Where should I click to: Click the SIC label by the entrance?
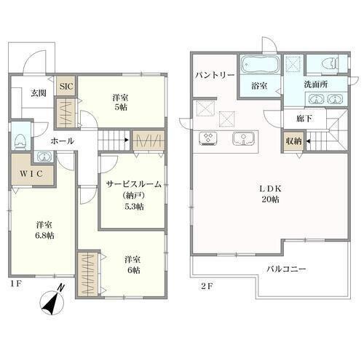pyautogui.click(x=66, y=87)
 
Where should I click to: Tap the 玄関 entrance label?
pyautogui.click(x=39, y=93)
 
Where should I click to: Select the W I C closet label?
pyautogui.click(x=31, y=173)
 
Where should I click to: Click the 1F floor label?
pyautogui.click(x=17, y=283)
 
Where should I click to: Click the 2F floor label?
pyautogui.click(x=207, y=287)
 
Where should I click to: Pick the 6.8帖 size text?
pyautogui.click(x=44, y=235)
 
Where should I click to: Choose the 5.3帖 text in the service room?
pyautogui.click(x=134, y=207)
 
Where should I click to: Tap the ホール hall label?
pyautogui.click(x=63, y=141)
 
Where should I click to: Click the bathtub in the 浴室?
pyautogui.click(x=260, y=64)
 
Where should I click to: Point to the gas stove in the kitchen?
pyautogui.click(x=208, y=138)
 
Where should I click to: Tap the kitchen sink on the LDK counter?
pyautogui.click(x=243, y=138)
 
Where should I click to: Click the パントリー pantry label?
pyautogui.click(x=215, y=76)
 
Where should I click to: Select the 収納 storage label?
pyautogui.click(x=293, y=141)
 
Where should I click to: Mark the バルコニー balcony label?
pyautogui.click(x=286, y=269)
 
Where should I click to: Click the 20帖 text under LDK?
pyautogui.click(x=270, y=199)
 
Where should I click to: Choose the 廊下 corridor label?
pyautogui.click(x=304, y=118)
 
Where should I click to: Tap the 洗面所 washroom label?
pyautogui.click(x=316, y=84)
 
